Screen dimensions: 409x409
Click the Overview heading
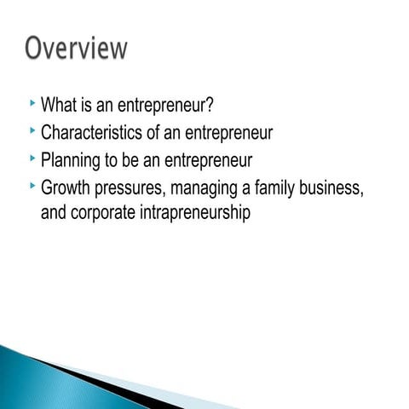(x=76, y=48)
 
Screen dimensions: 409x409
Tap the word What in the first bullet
(x=60, y=107)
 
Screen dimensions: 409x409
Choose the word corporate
(x=107, y=212)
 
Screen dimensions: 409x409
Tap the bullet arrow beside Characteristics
(x=32, y=130)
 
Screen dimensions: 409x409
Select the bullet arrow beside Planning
(x=32, y=157)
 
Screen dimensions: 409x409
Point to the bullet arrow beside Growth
(x=32, y=183)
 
